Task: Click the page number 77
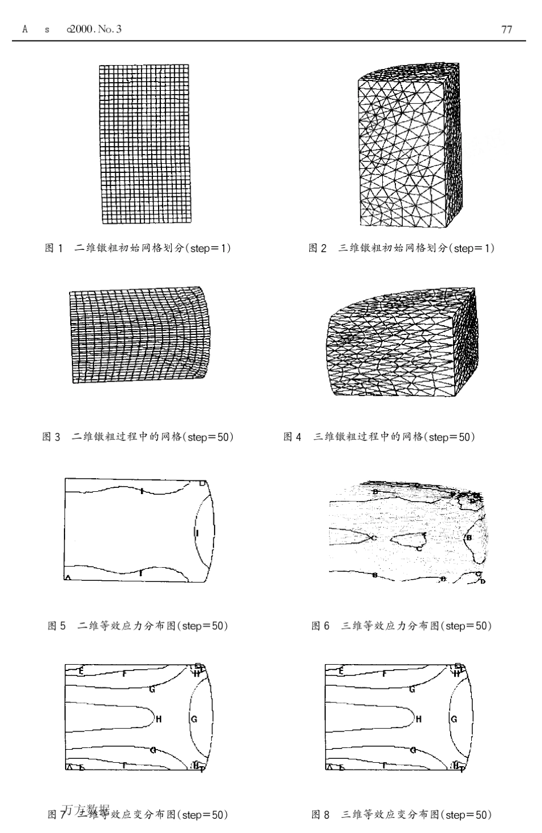(506, 29)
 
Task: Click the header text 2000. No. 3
(95, 29)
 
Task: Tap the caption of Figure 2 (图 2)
(402, 248)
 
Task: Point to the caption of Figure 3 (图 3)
(138, 437)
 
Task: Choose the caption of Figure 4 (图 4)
(379, 437)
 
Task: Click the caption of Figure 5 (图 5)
(138, 626)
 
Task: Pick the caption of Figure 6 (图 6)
(402, 626)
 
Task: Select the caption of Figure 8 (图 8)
(402, 814)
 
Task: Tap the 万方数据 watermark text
(86, 809)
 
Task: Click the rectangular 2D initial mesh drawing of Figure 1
(147, 144)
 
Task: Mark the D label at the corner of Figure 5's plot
(203, 483)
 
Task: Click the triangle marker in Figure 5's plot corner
(68, 577)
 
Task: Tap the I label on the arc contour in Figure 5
(197, 532)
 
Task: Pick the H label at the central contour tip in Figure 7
(159, 719)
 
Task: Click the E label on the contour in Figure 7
(82, 671)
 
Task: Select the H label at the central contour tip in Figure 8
(419, 719)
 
